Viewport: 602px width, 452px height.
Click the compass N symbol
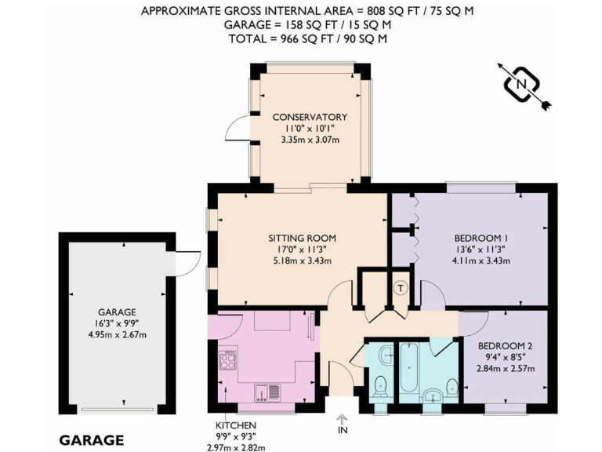[x=520, y=82]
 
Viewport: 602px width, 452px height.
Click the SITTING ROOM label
[x=302, y=238]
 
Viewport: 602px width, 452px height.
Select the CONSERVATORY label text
[x=310, y=118]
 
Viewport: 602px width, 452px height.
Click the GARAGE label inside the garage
[x=117, y=312]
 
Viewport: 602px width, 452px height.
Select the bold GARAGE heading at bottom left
[x=91, y=439]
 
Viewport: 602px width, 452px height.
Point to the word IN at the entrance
[x=343, y=430]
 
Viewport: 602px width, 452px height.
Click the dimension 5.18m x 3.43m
[x=302, y=261]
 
